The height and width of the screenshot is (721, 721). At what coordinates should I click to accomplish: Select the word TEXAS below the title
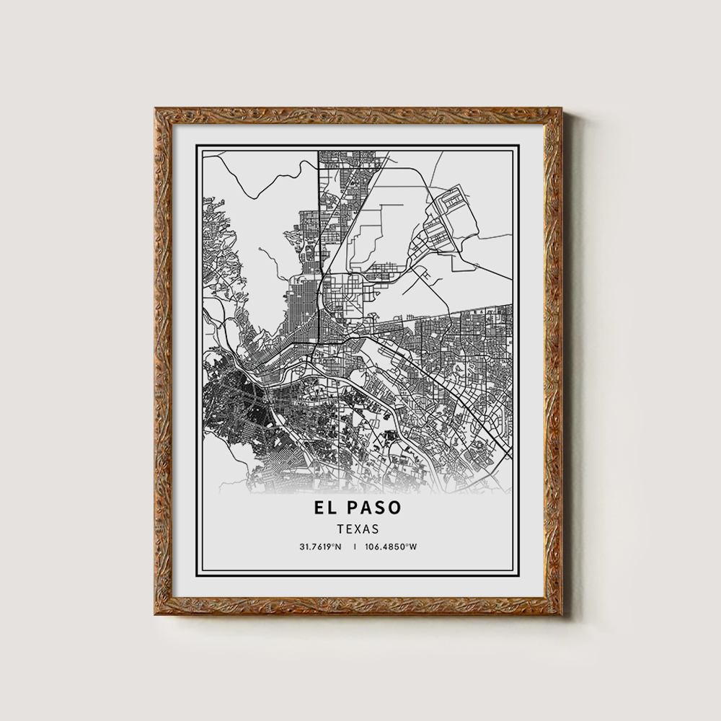click(x=358, y=528)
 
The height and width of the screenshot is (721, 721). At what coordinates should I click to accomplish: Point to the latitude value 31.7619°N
click(x=320, y=547)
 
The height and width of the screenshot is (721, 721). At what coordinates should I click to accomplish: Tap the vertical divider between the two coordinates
click(x=355, y=547)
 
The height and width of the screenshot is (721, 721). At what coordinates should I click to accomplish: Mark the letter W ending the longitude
click(x=413, y=547)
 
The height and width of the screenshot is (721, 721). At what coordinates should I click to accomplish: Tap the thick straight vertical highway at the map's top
click(x=319, y=216)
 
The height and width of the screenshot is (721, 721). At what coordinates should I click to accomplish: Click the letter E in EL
click(x=318, y=507)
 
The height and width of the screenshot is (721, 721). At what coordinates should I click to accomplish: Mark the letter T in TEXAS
click(x=340, y=528)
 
